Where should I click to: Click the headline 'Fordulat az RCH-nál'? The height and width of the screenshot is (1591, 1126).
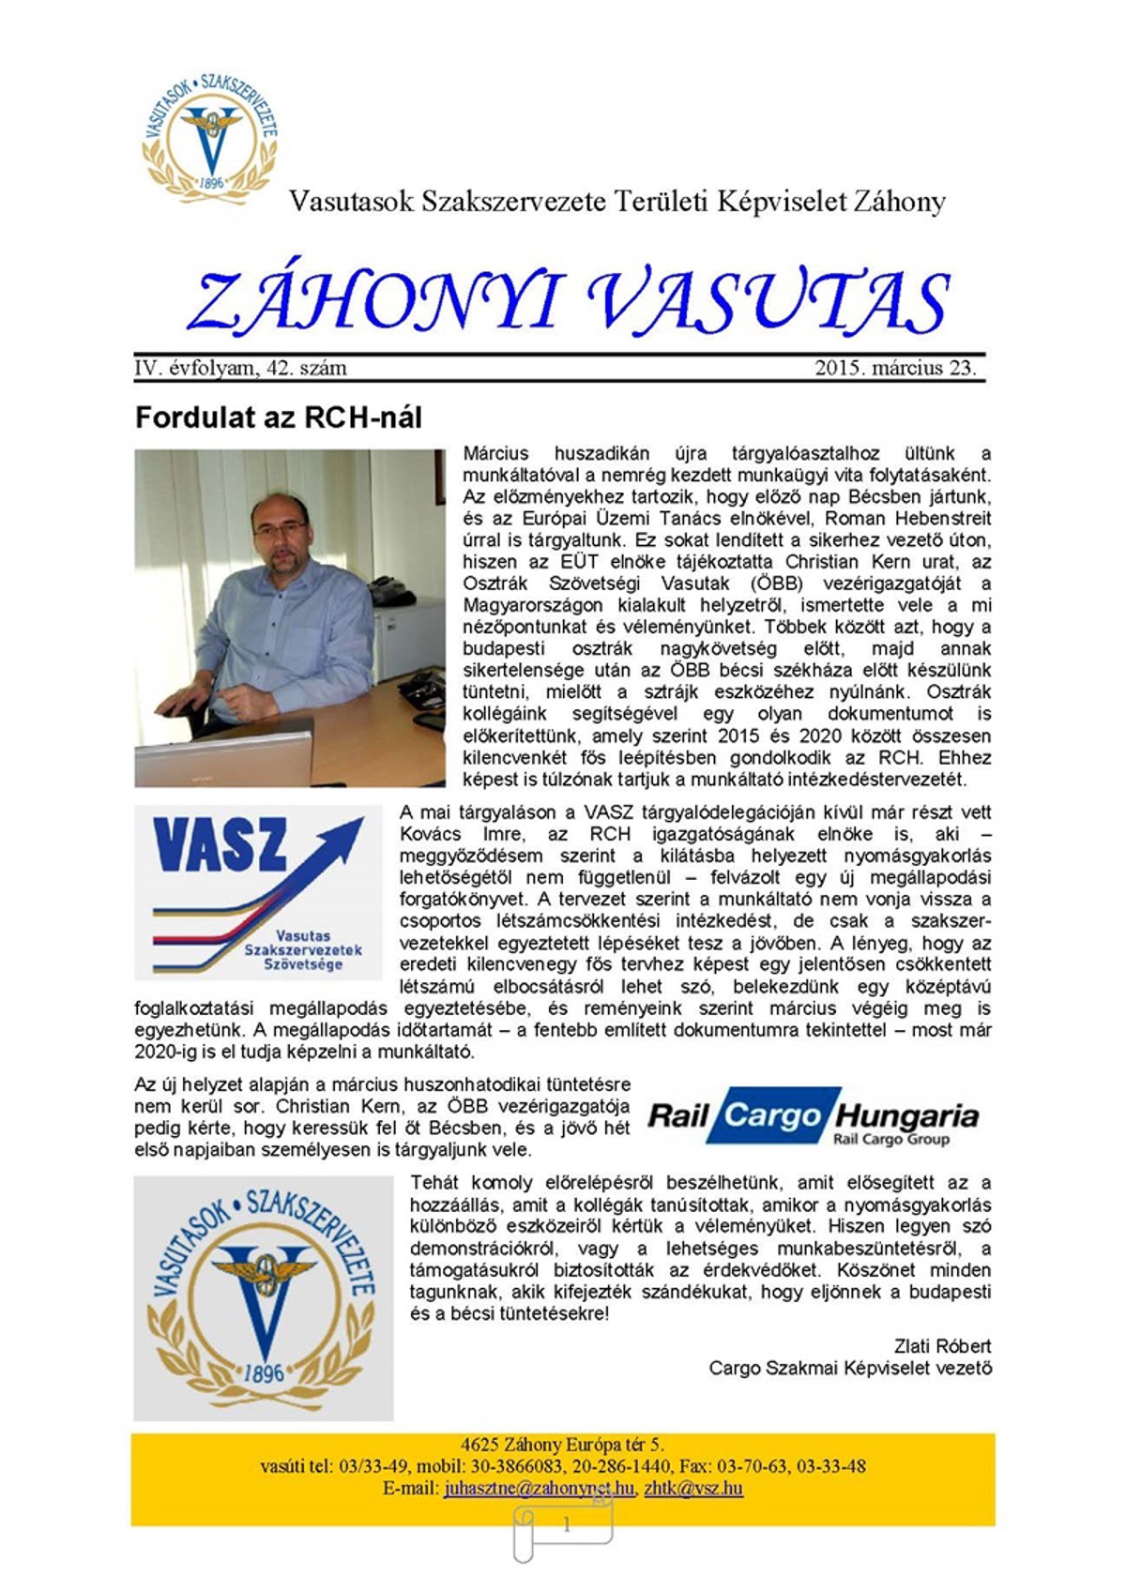[x=279, y=417]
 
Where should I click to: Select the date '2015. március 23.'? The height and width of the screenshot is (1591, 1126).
[x=895, y=368]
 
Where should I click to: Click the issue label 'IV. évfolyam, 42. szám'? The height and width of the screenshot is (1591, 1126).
[x=241, y=368]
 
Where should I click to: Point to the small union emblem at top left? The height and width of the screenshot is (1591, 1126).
[x=210, y=137]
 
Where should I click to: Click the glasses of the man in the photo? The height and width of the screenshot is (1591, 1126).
[x=280, y=530]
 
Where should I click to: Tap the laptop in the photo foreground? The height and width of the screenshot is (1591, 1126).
[x=225, y=751]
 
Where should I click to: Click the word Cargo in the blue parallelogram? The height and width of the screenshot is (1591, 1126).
[x=771, y=1115]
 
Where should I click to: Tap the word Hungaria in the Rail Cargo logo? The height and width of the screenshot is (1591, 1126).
[x=906, y=1115]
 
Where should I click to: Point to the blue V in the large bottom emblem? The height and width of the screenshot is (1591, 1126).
[x=265, y=1299]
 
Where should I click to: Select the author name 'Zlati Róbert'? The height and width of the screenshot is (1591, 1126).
[x=942, y=1346]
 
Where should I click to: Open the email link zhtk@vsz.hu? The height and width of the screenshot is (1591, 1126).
[x=693, y=1489]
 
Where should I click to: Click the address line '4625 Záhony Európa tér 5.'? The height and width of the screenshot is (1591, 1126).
[x=562, y=1445]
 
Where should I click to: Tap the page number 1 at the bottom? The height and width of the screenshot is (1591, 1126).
[x=566, y=1524]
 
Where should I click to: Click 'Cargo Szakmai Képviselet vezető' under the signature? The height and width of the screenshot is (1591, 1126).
[x=850, y=1369]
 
